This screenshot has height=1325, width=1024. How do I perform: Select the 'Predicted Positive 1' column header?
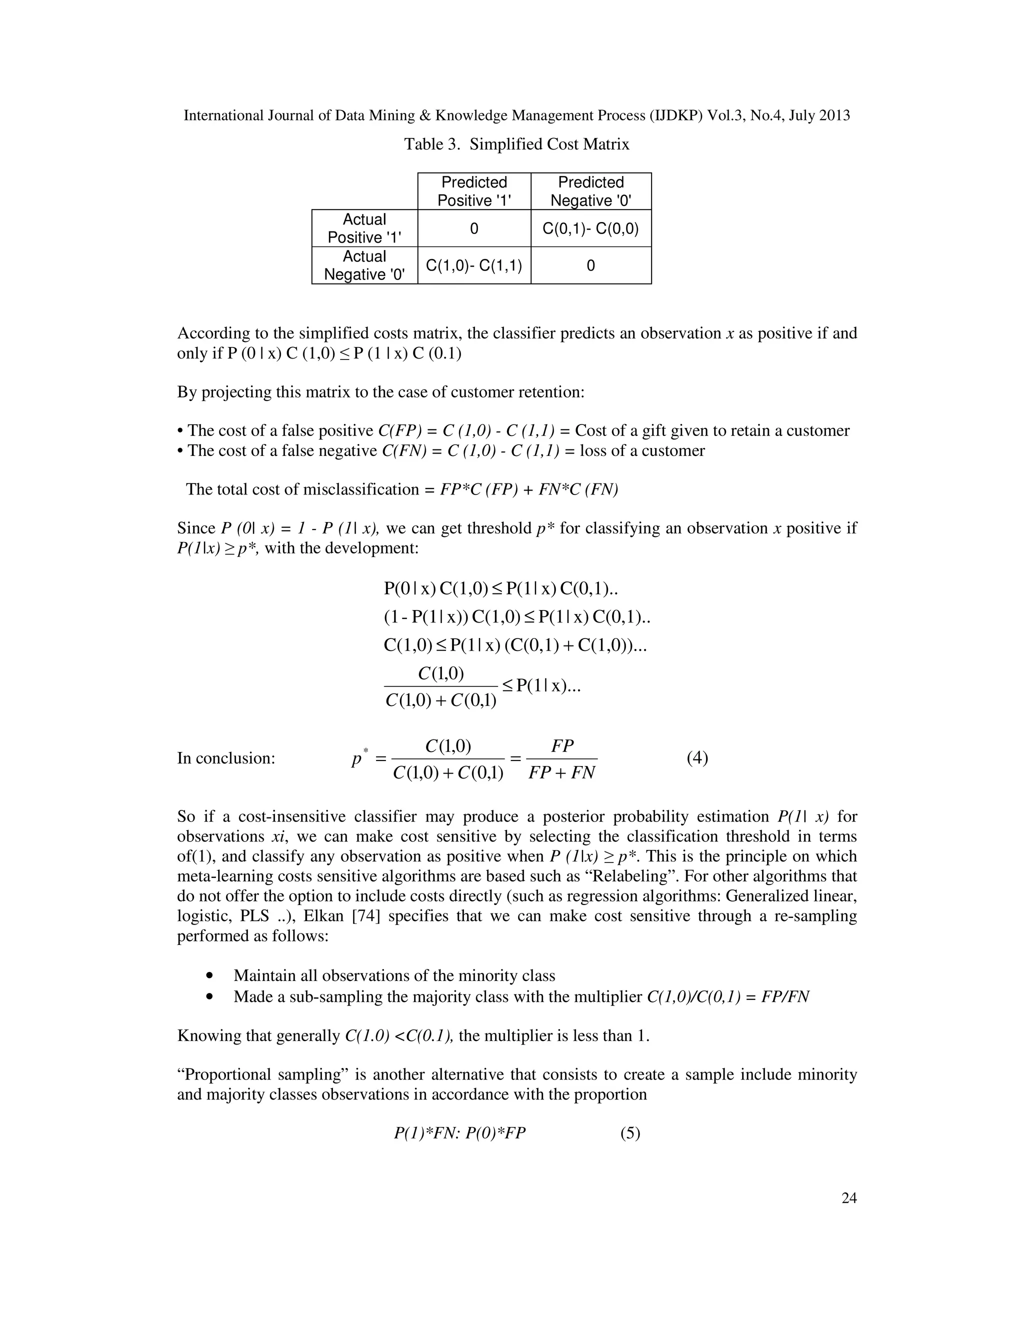coord(474,191)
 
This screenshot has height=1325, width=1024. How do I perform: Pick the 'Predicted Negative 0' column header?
coord(590,191)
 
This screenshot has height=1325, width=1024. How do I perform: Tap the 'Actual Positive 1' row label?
coord(364,228)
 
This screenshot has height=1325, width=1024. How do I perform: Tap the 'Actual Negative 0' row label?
coord(364,265)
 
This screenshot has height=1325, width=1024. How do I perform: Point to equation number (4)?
coord(697,757)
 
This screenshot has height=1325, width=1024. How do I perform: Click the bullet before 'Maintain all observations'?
coord(210,975)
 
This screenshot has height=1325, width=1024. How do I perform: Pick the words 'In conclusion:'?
coord(225,758)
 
